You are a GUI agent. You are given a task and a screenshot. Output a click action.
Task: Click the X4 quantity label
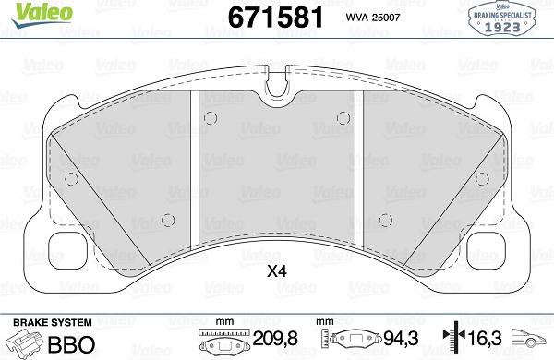[276, 272]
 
